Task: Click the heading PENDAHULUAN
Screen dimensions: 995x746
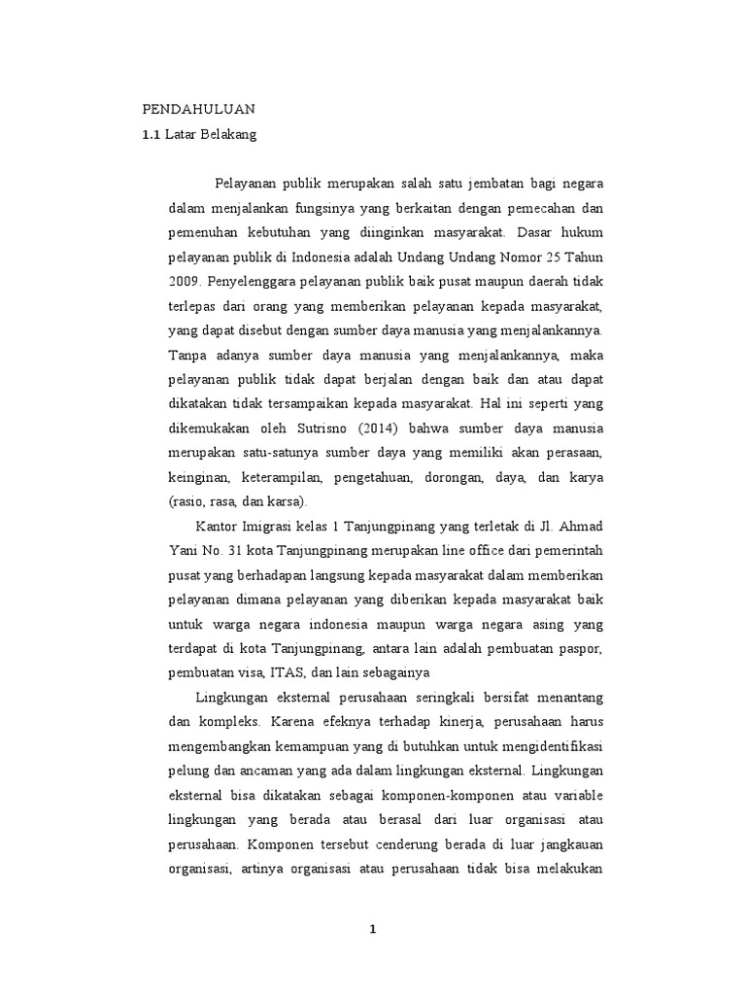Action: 198,109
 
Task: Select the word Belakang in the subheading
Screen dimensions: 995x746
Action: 227,135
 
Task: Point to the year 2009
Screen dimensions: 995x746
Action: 183,283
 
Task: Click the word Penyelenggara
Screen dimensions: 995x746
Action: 251,283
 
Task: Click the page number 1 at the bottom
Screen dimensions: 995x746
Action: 372,930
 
